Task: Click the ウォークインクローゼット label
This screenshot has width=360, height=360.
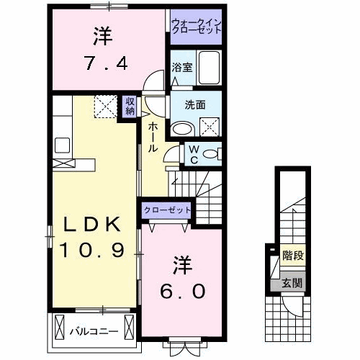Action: coord(197,27)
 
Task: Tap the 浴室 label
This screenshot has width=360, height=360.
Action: coord(182,68)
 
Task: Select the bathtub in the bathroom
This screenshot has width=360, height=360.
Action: coord(210,68)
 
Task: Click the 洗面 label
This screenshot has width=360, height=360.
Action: coord(195,105)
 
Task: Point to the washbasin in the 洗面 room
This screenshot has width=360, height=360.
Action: coord(183,129)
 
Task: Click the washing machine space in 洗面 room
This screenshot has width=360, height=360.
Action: coord(210,127)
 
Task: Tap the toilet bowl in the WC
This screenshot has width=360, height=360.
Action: coord(210,154)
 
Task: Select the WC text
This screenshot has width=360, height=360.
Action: coord(194,155)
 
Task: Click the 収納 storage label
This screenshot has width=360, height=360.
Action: coord(130,107)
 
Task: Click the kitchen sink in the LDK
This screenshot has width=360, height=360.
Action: coord(62,145)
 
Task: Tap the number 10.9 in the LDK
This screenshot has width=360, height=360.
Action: coord(93,250)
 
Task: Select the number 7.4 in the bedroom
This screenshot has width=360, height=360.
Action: coord(107,63)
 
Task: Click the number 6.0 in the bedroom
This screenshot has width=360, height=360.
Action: coord(182,291)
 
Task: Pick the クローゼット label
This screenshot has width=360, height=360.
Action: coord(167,210)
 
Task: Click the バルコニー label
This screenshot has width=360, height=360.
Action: coord(94,332)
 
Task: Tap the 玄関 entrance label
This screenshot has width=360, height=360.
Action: coord(292,283)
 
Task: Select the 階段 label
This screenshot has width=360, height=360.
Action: coord(293,255)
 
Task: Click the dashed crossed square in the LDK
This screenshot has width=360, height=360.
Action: coord(106,107)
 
